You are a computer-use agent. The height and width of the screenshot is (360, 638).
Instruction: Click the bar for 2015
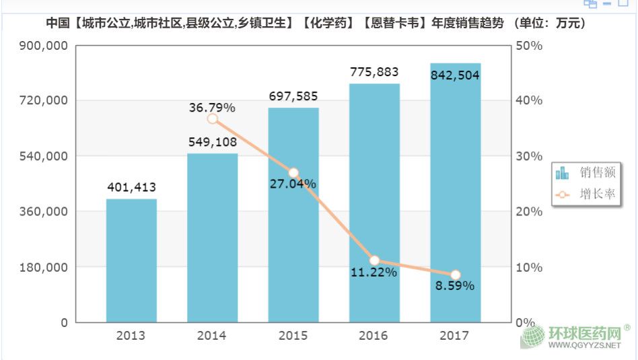[293, 215]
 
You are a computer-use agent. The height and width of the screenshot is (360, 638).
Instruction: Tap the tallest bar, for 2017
[456, 195]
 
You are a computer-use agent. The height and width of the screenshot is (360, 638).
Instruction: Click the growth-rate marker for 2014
[213, 118]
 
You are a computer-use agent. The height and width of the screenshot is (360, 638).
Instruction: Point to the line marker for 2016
[375, 260]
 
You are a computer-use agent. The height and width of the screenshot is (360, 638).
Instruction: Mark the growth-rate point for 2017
[456, 275]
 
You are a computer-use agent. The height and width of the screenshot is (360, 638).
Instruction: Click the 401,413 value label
[131, 187]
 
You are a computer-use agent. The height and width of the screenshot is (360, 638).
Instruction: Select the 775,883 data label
[375, 72]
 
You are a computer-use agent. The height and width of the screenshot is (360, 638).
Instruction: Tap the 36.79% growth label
[212, 107]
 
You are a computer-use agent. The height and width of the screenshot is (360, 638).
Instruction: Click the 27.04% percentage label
[293, 184]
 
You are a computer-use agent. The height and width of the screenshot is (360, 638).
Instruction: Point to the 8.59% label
[455, 285]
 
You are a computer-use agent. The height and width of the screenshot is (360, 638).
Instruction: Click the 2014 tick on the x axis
[213, 335]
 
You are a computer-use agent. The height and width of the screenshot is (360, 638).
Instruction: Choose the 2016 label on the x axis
[375, 335]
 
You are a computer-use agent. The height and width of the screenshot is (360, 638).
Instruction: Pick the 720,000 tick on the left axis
[41, 100]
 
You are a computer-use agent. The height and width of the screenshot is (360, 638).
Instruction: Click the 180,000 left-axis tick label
[41, 267]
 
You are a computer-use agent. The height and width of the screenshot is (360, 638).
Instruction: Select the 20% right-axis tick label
[529, 211]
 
